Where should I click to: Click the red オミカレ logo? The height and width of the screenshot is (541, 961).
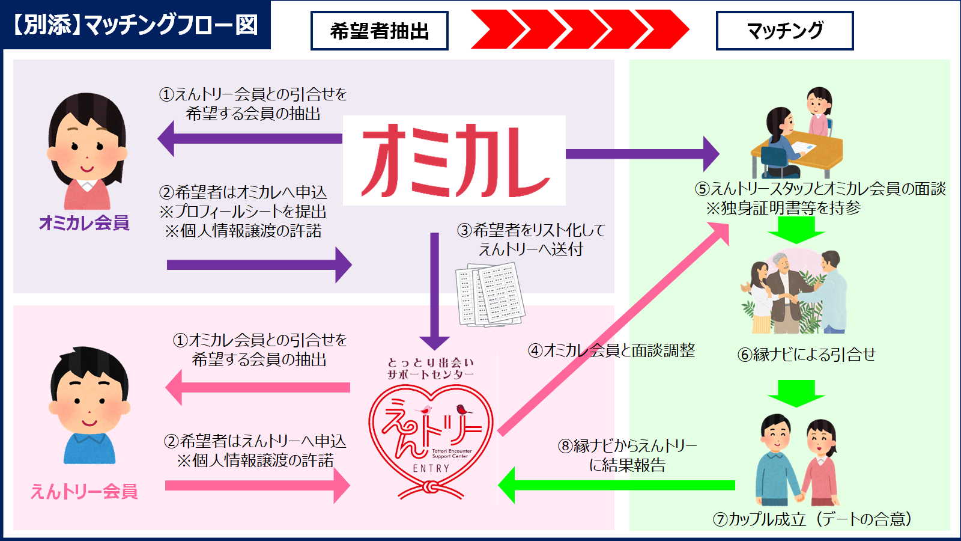coord(455,161)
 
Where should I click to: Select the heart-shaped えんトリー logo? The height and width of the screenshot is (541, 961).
coord(431,439)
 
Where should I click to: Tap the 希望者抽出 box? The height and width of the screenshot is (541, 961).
coord(379,31)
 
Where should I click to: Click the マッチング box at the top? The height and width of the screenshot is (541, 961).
coord(784,31)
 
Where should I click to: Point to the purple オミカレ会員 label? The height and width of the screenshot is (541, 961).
coord(84,223)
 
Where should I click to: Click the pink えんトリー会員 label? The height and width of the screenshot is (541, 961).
coord(84,491)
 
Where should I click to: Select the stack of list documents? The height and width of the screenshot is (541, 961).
coord(490,295)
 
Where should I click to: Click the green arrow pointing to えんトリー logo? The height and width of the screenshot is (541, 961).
coord(619,484)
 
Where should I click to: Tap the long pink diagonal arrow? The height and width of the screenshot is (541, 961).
coord(613,328)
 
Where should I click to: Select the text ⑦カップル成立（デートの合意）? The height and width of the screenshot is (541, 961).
coord(812,519)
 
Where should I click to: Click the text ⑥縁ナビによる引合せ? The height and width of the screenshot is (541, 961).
coord(806,355)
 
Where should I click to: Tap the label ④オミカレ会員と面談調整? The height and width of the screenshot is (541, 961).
coord(611,350)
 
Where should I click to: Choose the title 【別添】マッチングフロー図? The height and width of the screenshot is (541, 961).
coord(135,25)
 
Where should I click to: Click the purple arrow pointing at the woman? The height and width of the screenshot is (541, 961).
coord(249,139)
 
